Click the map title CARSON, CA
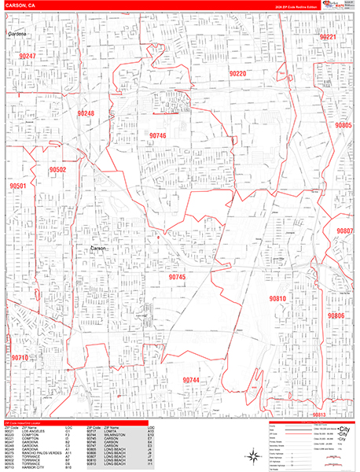pos(20,6)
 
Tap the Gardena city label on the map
pos(17,35)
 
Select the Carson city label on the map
pos(97,248)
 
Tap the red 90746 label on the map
pos(157,135)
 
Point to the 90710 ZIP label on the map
pos(20,358)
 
